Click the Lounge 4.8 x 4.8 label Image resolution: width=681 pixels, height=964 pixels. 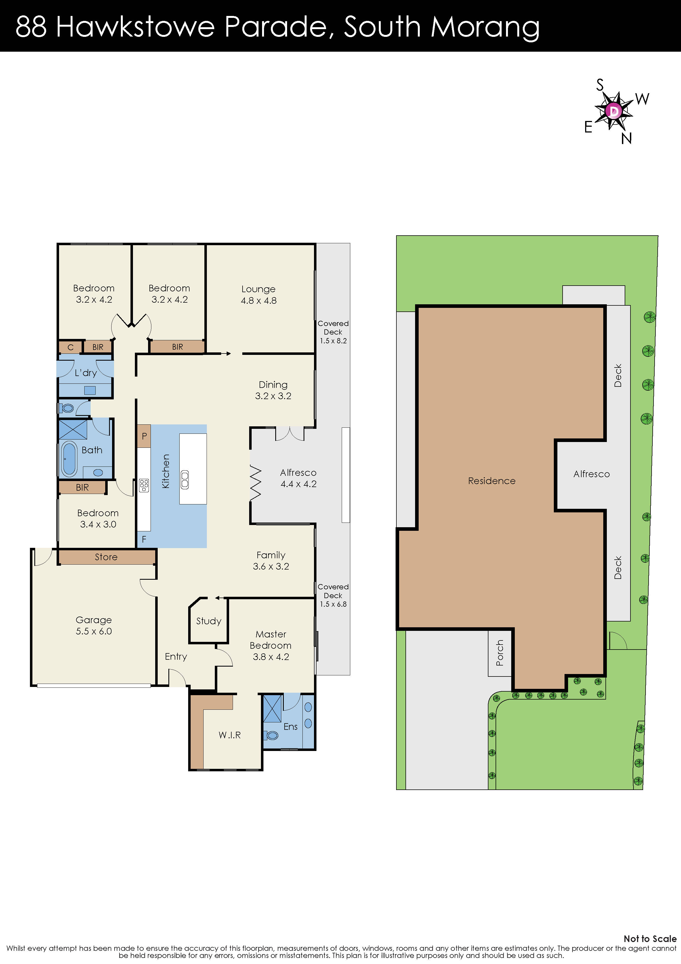point(258,294)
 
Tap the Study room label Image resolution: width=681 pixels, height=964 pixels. point(209,621)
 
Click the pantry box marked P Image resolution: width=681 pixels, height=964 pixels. point(144,436)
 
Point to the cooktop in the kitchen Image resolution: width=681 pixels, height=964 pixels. point(144,485)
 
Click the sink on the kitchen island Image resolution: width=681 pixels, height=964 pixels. point(185,479)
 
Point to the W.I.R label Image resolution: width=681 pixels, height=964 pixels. point(229,735)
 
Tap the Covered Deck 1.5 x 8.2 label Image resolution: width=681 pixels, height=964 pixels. point(333,332)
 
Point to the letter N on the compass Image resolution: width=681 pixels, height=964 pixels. point(626,138)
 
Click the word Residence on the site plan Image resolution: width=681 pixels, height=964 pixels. point(491,481)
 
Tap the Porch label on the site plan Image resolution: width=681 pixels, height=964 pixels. point(499,653)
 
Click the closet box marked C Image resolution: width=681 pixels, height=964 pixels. point(71,347)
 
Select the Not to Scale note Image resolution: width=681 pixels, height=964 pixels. point(650,938)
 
